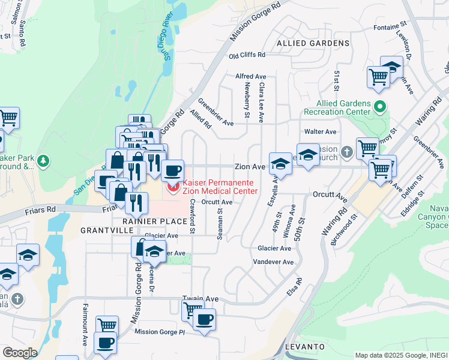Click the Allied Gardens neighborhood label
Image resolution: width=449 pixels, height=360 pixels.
313,43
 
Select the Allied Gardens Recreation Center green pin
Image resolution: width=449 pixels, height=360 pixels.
379,107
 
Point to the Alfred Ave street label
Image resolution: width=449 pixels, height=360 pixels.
250,77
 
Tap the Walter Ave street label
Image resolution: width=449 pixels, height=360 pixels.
320,131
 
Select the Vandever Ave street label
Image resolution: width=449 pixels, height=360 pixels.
273,262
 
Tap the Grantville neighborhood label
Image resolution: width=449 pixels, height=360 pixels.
103,230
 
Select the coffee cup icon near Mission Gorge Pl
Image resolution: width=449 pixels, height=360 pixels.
105,343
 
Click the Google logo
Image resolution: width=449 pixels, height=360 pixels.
20,353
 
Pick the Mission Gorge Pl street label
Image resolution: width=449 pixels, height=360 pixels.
159,332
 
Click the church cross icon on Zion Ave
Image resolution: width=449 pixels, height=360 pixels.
346,152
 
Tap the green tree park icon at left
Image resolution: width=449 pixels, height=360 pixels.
43,161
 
